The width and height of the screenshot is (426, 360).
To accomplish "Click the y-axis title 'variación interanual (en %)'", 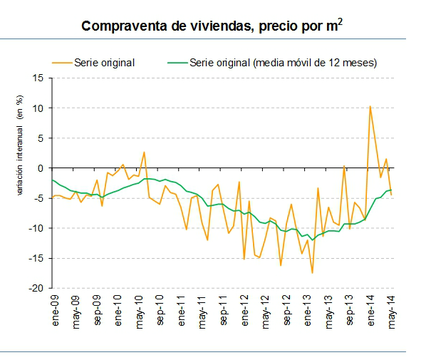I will click(x=21, y=150).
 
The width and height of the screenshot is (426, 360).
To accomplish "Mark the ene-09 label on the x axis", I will click(x=54, y=309).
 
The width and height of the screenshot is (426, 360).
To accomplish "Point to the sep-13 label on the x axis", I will click(x=350, y=309).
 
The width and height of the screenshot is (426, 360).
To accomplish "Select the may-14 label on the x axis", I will click(x=392, y=309).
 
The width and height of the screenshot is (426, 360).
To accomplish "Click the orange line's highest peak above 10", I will click(x=370, y=106).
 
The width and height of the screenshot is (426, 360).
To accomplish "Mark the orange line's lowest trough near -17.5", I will click(x=312, y=273).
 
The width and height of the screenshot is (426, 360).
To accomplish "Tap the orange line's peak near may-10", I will click(x=144, y=152).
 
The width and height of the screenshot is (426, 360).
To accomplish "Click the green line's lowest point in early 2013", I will click(x=312, y=240).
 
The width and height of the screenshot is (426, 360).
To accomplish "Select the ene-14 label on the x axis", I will click(x=370, y=309).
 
